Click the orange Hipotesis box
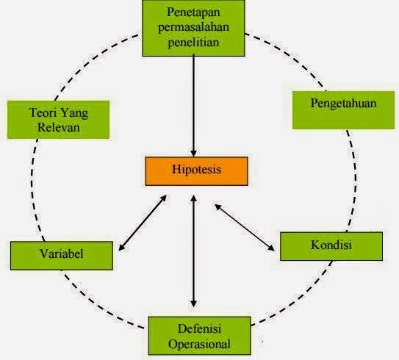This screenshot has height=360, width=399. tap(196, 171)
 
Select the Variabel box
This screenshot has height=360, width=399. tap(62, 256)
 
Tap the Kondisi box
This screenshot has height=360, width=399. tap(331, 246)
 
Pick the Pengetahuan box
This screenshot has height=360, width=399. tap(344, 110)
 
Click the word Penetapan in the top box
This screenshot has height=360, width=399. tap(194, 12)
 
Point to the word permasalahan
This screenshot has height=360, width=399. tap(194, 27)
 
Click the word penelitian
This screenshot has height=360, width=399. tap(194, 42)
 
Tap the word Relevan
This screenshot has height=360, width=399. tap(59, 127)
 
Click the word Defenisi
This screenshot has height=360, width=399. tap(200, 328)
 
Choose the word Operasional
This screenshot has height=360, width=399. tap(200, 344)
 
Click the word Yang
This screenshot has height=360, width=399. tap(73, 113)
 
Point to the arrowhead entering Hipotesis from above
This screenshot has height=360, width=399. tap(194, 153)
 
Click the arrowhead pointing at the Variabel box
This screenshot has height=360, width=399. tap(122, 248)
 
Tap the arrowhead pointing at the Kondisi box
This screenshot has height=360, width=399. tap(271, 248)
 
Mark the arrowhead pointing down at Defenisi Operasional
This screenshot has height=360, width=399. tap(194, 303)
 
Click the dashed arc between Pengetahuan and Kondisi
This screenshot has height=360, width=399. tap(355, 178)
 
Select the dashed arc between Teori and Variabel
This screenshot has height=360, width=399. tap(32, 188)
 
